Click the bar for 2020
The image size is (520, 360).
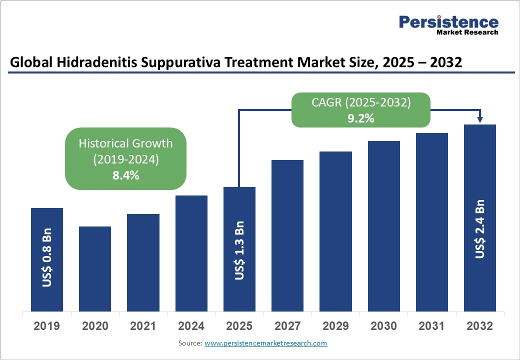tap(95, 268)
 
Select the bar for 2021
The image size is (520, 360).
tap(143, 262)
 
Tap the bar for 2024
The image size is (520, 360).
tap(191, 253)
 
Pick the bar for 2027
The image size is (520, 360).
tap(287, 235)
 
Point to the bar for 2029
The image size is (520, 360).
tap(335, 231)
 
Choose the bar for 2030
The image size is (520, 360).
tap(384, 226)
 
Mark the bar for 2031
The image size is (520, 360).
tap(432, 222)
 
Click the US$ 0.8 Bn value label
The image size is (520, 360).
tap(47, 258)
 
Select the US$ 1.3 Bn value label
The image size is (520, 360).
tap(239, 250)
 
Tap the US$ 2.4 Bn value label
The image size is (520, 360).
tap(480, 229)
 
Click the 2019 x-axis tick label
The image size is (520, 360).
tap(47, 326)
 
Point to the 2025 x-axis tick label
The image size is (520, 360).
tap(239, 326)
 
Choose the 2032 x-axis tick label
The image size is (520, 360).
tap(480, 326)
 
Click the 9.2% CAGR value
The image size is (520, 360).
tap(361, 118)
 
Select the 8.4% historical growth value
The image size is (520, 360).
tap(126, 175)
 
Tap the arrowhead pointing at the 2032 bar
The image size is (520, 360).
tap(480, 119)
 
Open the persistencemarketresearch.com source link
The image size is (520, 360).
tap(266, 343)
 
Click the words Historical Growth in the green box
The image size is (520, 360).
tap(126, 143)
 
